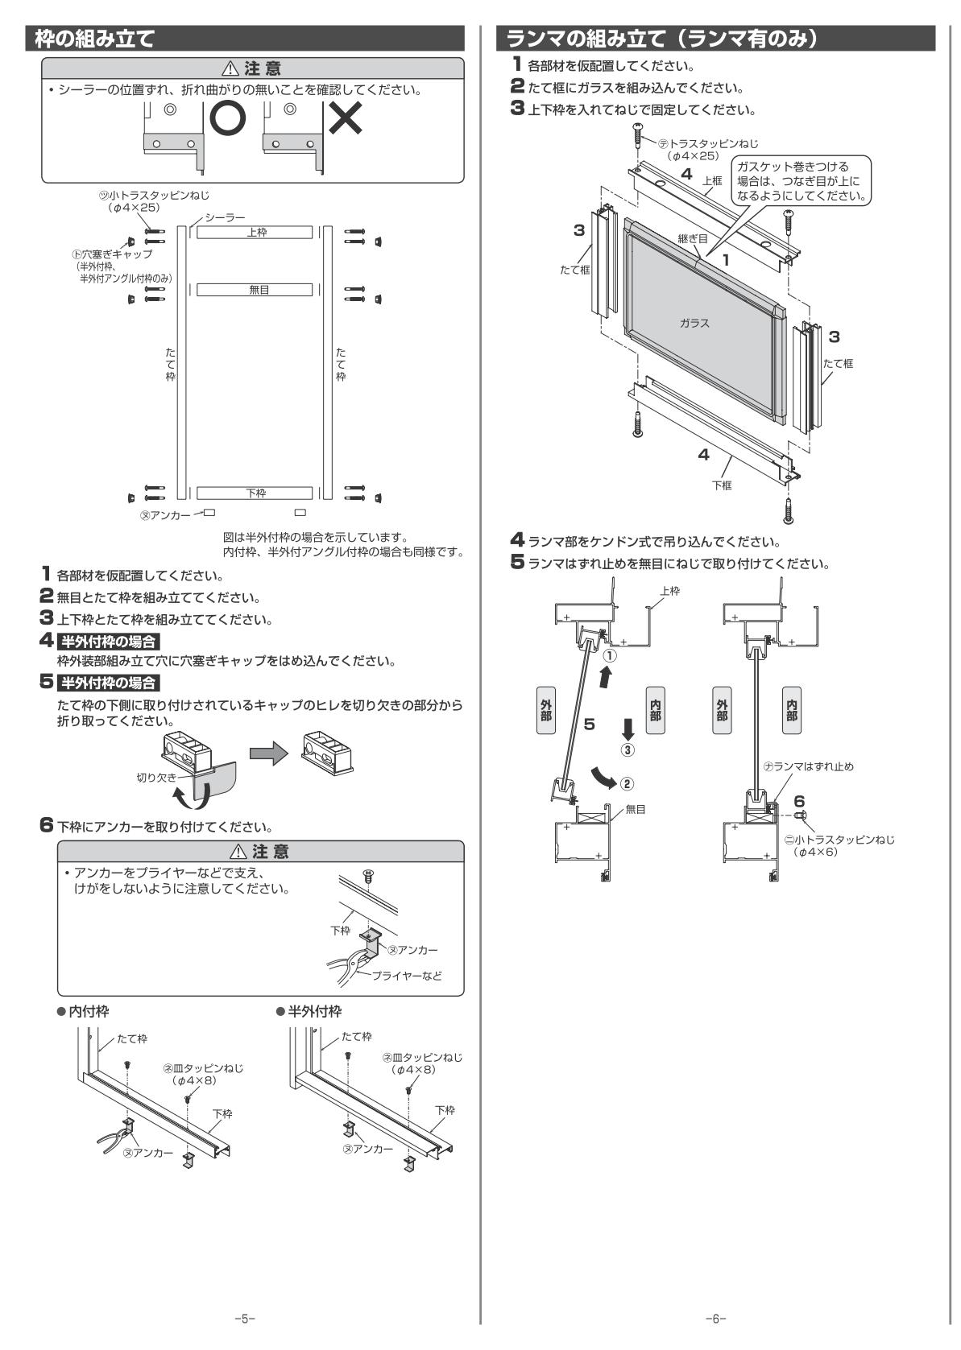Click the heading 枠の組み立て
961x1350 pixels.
(89, 38)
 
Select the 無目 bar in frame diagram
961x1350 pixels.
(255, 290)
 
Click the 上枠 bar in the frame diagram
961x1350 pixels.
(255, 232)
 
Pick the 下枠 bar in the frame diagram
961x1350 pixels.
(255, 493)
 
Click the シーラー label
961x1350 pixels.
(225, 217)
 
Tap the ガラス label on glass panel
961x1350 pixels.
(694, 323)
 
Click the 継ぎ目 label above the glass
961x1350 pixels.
(693, 238)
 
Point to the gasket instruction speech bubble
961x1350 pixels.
(801, 181)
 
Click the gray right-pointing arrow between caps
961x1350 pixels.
(268, 753)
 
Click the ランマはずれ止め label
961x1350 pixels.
(812, 766)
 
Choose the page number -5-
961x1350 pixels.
(244, 1319)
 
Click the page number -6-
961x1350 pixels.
(715, 1319)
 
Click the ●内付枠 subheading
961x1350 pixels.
(83, 1010)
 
